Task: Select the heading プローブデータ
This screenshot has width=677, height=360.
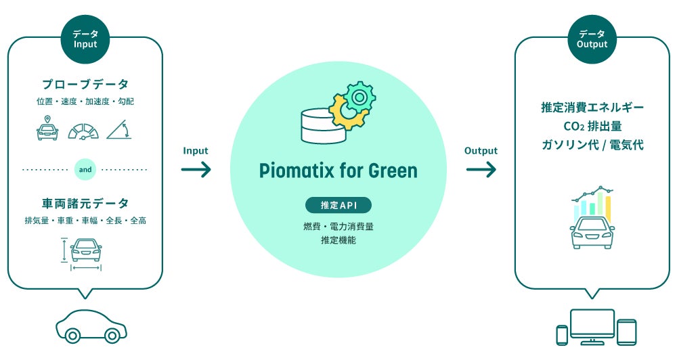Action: pyautogui.click(x=85, y=85)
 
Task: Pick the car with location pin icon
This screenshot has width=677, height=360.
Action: pyautogui.click(x=47, y=129)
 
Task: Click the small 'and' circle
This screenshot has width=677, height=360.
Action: pyautogui.click(x=85, y=171)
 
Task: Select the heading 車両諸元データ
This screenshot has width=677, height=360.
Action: pyautogui.click(x=85, y=203)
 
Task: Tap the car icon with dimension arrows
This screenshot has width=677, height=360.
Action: pyautogui.click(x=85, y=252)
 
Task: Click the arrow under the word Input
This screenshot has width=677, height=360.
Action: pyautogui.click(x=196, y=169)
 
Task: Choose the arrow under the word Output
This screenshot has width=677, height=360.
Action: pyautogui.click(x=481, y=169)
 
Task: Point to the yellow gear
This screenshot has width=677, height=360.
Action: pyautogui.click(x=345, y=113)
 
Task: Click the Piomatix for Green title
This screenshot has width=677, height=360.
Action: pyautogui.click(x=338, y=171)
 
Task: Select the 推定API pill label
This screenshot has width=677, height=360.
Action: pyautogui.click(x=338, y=205)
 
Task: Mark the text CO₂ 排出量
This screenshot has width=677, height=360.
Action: pyautogui.click(x=592, y=126)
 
